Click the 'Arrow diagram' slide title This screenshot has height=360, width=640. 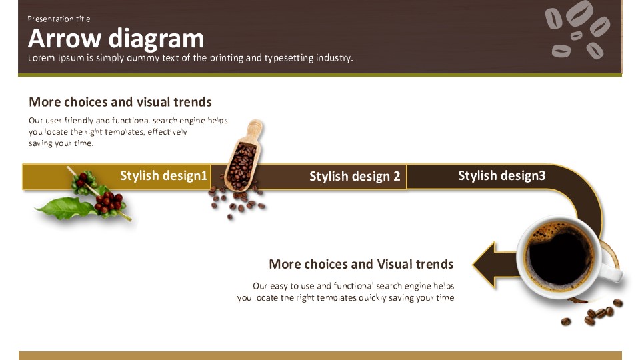tap(116, 39)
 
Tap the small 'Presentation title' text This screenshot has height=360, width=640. tap(59, 19)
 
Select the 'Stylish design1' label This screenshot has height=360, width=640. tap(164, 175)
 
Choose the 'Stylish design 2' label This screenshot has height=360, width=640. tap(355, 176)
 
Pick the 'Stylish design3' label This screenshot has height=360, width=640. tap(501, 175)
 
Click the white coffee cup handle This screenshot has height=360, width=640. tap(612, 272)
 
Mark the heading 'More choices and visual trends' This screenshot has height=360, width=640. tap(120, 102)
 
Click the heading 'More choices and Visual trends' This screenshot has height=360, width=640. tap(361, 265)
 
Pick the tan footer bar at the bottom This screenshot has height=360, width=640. tap(320, 355)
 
